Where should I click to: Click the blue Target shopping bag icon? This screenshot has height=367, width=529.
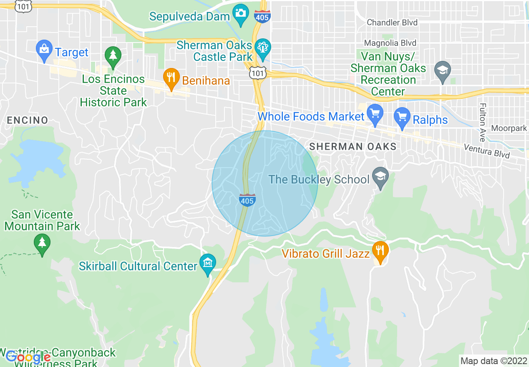[x=44, y=50]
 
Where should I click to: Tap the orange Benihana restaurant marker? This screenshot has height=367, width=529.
[x=171, y=78]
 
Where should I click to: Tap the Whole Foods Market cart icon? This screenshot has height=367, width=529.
[x=375, y=114]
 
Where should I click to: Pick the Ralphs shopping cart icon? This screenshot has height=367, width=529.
[x=403, y=117]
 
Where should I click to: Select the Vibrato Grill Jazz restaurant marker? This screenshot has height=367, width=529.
[x=380, y=251]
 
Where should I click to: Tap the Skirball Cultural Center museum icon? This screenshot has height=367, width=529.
[x=208, y=264]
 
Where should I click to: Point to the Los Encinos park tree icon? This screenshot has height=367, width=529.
[x=113, y=56]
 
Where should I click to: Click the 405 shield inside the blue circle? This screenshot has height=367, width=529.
[x=247, y=200]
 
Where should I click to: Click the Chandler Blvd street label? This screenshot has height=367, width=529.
[x=392, y=23]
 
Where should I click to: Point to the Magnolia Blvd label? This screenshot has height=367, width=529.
[x=390, y=43]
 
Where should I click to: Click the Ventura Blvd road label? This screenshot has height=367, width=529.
[x=487, y=151]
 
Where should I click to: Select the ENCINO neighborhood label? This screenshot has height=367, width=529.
[x=28, y=121]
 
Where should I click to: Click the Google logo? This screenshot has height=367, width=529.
[x=28, y=357]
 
